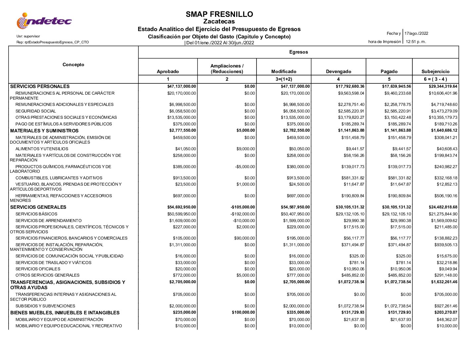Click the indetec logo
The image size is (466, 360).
coord(44,21)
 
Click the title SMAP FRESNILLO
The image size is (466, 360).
coord(219,14)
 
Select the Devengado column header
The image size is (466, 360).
coord(338,71)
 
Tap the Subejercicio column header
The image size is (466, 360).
coord(435,71)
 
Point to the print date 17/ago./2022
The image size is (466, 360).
coord(416,33)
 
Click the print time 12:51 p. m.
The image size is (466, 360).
coord(416,42)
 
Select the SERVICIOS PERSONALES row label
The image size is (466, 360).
coord(40,86)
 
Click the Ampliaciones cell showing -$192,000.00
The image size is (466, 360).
coord(244,214)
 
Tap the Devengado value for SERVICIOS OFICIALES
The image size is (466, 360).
coord(354,269)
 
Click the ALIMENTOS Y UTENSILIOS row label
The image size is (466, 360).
coord(42,149)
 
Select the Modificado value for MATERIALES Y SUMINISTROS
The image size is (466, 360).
coord(295,130)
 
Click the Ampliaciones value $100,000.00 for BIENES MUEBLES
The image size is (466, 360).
coord(243,312)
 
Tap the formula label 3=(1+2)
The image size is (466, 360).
coord(284,79)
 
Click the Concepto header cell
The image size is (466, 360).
coord(73,65)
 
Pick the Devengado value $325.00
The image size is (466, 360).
coord(357,256)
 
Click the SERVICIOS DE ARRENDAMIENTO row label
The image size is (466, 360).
coord(48,221)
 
